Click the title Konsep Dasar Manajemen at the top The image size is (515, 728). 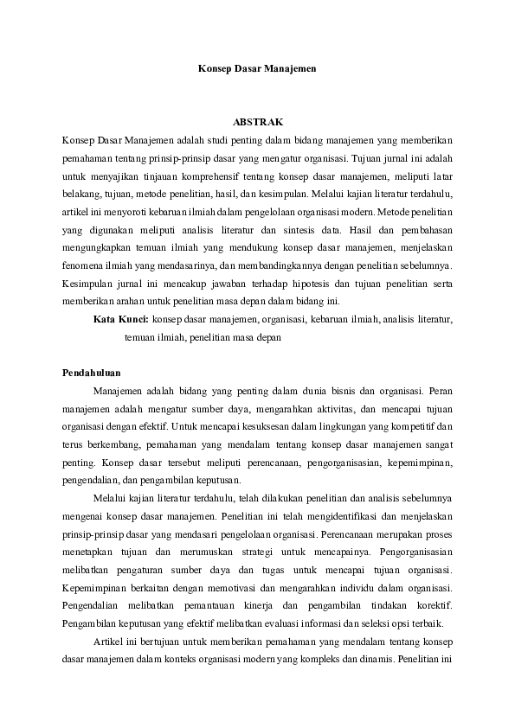[x=257, y=66]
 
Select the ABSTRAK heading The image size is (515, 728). [x=257, y=121]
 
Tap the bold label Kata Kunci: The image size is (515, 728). [x=121, y=319]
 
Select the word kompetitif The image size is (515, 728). [x=412, y=426]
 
